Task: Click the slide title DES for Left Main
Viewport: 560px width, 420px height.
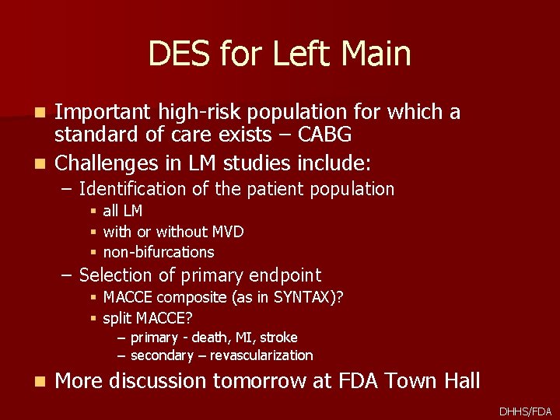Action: point(279,54)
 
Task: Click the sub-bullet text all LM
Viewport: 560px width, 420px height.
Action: point(122,211)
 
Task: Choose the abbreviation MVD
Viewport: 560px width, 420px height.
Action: point(228,232)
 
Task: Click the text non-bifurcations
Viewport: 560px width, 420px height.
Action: point(158,252)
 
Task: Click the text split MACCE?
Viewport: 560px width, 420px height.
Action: point(148,318)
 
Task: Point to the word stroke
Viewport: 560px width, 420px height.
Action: point(278,338)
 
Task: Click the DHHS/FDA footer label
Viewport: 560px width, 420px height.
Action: point(526,411)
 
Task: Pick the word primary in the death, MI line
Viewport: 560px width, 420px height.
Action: point(154,338)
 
